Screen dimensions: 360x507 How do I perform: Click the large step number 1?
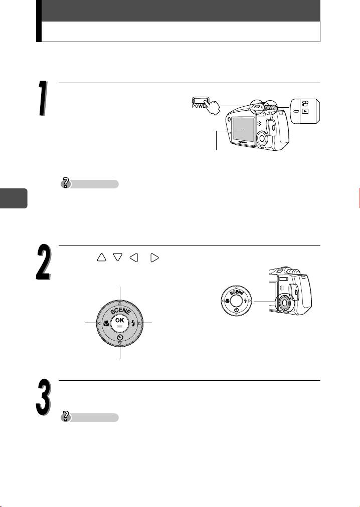click(x=43, y=98)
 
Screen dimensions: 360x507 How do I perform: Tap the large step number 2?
click(x=43, y=262)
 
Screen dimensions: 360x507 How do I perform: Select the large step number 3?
click(x=43, y=397)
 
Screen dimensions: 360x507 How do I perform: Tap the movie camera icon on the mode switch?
click(x=305, y=104)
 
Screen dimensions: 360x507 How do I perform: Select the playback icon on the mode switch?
click(x=305, y=111)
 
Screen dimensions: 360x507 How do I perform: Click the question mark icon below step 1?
click(x=66, y=183)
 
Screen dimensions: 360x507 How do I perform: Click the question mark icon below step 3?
click(x=66, y=416)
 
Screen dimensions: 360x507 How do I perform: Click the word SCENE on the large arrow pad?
click(x=120, y=311)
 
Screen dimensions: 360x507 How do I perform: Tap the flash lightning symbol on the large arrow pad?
click(x=133, y=323)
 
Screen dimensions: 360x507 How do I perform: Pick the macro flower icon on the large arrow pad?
click(x=106, y=323)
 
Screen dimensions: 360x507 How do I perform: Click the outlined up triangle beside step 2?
click(x=101, y=257)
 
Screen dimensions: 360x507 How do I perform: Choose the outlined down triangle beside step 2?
click(x=118, y=258)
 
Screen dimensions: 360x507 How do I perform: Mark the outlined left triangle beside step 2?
click(x=134, y=258)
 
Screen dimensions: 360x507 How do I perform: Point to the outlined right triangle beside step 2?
click(x=155, y=258)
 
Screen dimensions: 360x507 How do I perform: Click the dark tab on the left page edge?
click(x=14, y=198)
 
